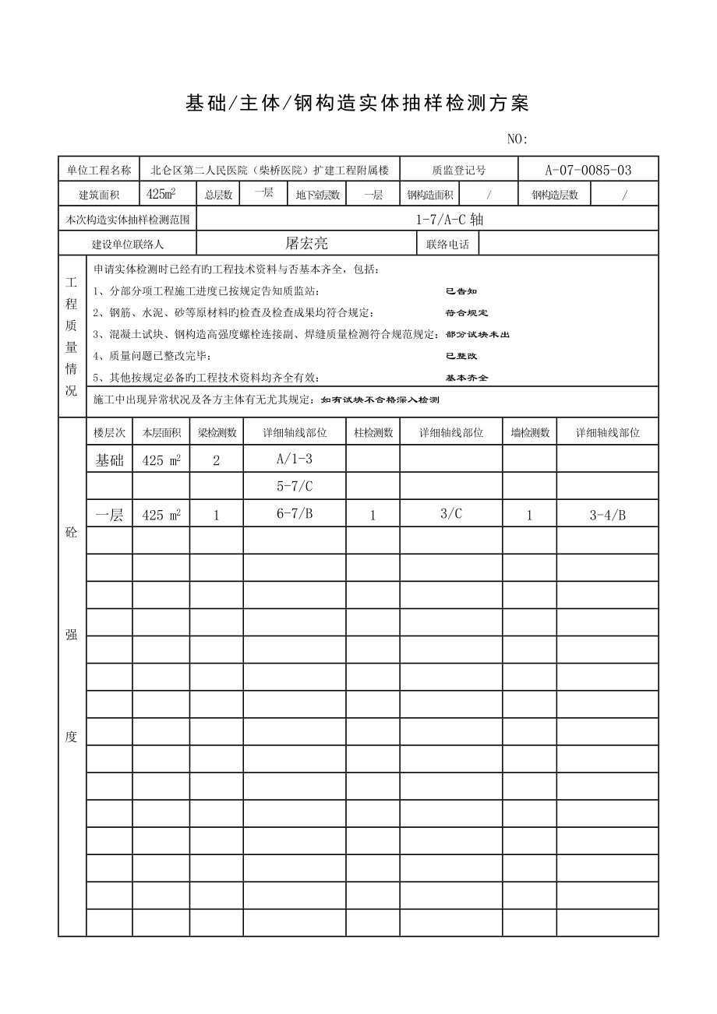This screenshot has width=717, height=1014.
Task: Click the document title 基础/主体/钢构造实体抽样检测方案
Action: [x=358, y=104]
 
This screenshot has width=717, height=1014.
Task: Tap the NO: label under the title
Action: [x=517, y=139]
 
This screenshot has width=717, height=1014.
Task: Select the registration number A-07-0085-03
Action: [x=588, y=170]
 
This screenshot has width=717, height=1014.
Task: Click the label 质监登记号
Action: [x=459, y=170]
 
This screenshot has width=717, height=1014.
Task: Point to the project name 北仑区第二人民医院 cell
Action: [x=270, y=170]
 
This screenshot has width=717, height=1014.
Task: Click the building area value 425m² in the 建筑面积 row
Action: [x=161, y=194]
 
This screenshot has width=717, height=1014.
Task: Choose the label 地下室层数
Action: [x=317, y=195]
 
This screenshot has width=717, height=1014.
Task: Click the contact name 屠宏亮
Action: [x=306, y=244]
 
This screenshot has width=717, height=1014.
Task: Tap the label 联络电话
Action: [x=447, y=245]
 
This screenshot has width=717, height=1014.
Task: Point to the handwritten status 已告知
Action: [x=461, y=291]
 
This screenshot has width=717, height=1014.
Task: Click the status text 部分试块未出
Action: [x=478, y=334]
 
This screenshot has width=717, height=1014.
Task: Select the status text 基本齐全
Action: [x=467, y=378]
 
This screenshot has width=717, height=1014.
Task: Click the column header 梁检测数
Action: [x=216, y=433]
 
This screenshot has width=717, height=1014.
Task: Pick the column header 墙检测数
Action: [x=529, y=433]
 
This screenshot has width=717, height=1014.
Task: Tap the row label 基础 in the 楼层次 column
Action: [x=109, y=460]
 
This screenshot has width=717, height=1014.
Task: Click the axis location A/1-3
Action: [x=295, y=459]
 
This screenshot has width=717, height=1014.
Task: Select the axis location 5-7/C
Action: [x=295, y=486]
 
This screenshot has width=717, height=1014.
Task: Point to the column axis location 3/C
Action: [x=451, y=513]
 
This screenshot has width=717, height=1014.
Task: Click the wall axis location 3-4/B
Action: [x=607, y=514]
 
